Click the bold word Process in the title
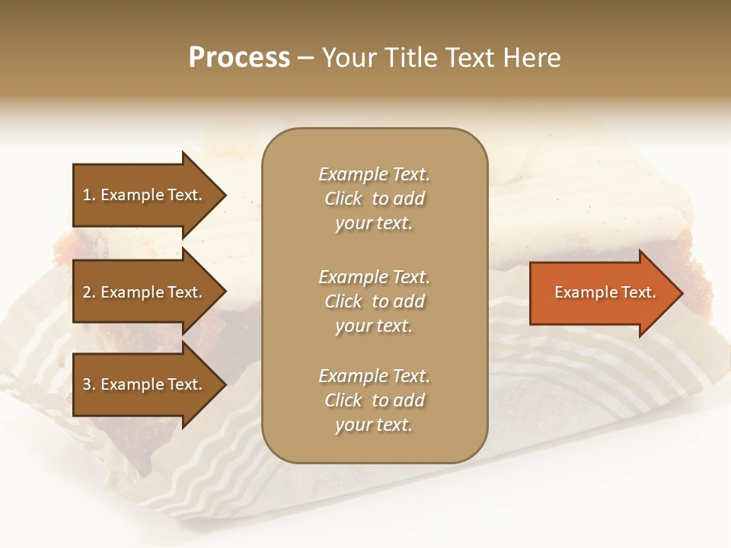coord(239,58)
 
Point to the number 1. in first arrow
coord(89,195)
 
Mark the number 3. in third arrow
coord(89,384)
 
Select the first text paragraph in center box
coord(374,199)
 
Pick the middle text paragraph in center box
coord(374,301)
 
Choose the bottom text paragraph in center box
coord(374,400)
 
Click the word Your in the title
coord(348,58)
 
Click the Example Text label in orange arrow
coord(605,293)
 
